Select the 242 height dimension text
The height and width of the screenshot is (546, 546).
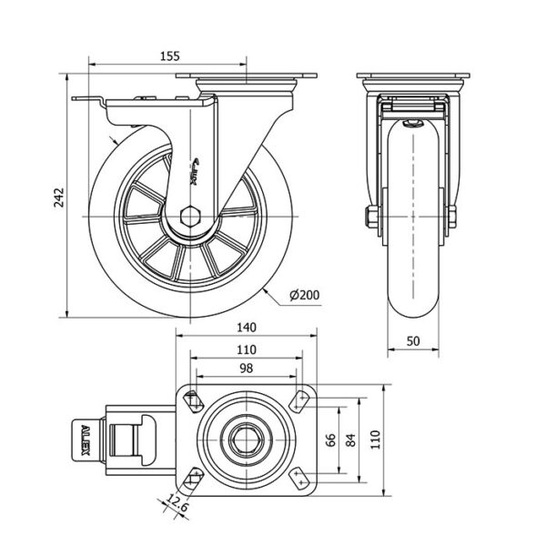tap(57, 197)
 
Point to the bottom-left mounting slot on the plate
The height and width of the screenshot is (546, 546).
tap(193, 474)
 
